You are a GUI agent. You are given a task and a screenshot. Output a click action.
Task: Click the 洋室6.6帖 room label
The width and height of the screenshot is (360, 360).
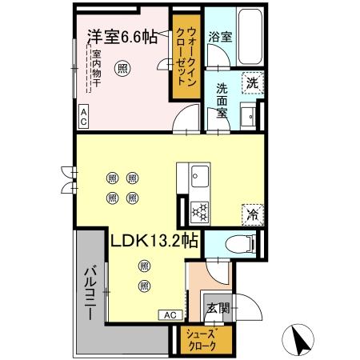(x=122, y=37)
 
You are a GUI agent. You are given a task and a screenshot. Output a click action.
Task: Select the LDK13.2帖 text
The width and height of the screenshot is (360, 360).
(x=154, y=240)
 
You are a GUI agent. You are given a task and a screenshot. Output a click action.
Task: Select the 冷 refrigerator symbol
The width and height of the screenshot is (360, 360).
(x=251, y=214)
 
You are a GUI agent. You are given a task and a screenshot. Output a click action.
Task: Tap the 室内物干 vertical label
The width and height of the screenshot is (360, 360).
(x=94, y=73)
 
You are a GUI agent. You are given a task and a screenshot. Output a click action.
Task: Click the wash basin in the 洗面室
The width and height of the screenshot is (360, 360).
(x=250, y=114)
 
